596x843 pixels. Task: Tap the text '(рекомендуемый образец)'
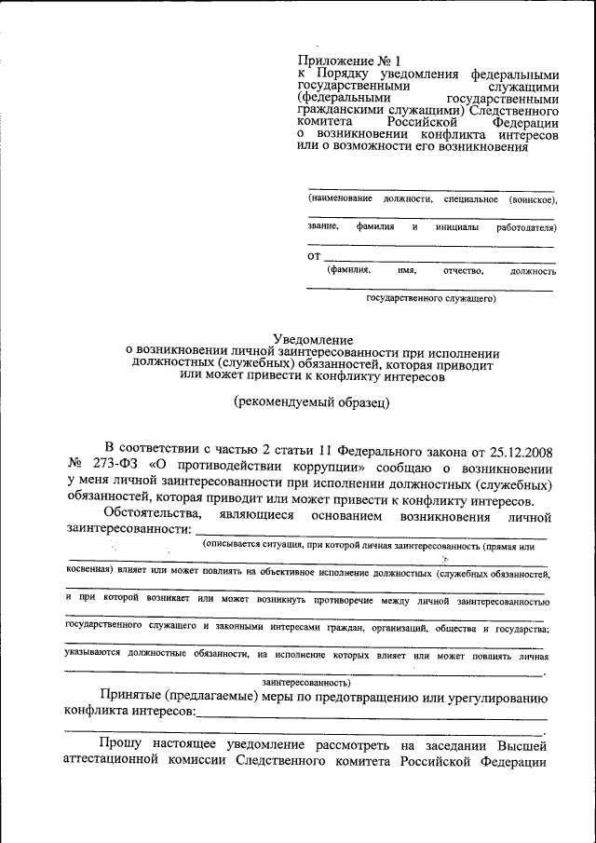[x=311, y=402]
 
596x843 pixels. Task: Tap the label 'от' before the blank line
[x=314, y=255]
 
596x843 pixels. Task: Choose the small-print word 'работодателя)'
[x=526, y=227]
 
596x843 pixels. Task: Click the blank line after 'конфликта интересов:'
[x=372, y=714]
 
